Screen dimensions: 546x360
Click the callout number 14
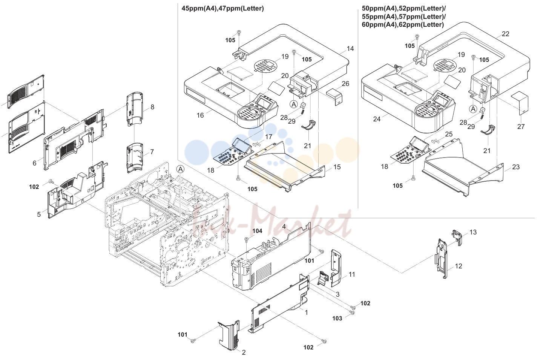(350, 49)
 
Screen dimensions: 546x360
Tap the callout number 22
(506, 34)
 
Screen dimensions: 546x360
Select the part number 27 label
(521, 127)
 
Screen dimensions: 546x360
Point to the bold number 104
(257, 231)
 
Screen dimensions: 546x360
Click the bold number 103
(337, 318)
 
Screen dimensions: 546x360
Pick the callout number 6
(35, 163)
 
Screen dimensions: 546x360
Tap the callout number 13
(473, 232)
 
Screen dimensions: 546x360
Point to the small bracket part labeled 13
(457, 237)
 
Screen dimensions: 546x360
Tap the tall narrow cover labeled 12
(442, 258)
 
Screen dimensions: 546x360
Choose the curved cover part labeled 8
(135, 109)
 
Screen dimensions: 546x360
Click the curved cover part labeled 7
(135, 158)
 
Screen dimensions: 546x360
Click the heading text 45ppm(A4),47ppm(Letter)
(222, 9)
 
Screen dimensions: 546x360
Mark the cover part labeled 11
(336, 268)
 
